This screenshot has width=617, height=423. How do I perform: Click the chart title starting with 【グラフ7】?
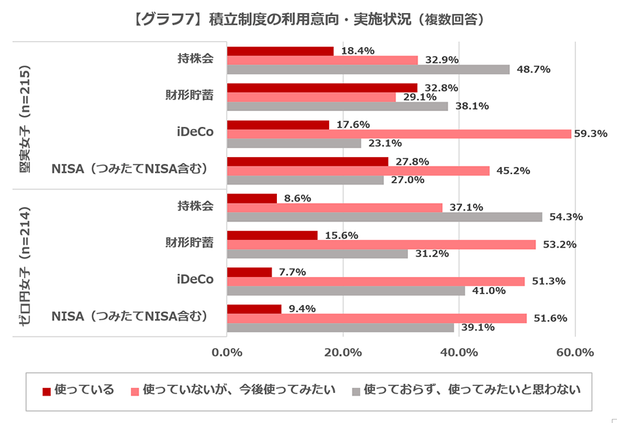308,19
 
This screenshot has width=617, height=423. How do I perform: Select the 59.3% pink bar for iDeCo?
398,134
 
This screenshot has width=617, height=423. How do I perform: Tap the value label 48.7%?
534,69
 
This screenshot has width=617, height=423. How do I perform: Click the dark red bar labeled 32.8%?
322,88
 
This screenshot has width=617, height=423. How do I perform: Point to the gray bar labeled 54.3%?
384,217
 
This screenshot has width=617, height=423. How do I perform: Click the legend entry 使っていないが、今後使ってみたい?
233,390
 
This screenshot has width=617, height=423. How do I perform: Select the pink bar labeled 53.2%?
380,245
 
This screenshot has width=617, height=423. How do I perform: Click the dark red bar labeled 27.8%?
307,161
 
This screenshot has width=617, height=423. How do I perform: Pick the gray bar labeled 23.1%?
293,143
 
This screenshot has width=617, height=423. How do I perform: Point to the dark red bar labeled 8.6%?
252,198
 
